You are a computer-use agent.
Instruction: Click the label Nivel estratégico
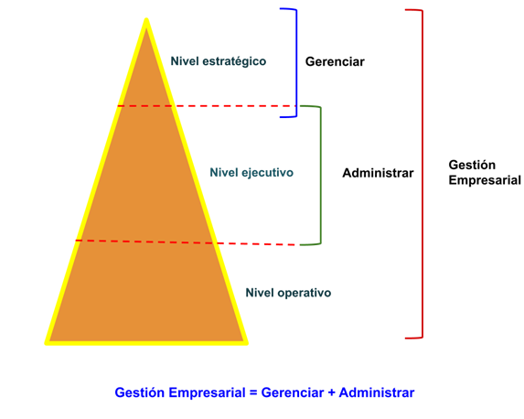click(219, 61)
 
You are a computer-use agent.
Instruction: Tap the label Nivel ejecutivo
click(251, 173)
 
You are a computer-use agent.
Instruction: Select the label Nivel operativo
click(288, 293)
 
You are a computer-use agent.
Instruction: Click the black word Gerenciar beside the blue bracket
click(335, 62)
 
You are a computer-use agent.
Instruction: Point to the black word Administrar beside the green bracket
click(378, 173)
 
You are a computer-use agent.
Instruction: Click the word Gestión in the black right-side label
click(472, 165)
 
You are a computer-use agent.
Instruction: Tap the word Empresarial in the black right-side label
click(485, 180)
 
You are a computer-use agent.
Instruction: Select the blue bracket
click(296, 63)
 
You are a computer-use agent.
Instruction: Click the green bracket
click(320, 176)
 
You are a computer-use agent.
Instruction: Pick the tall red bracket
click(422, 174)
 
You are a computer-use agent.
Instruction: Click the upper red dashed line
click(207, 106)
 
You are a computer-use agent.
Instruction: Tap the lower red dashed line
click(186, 242)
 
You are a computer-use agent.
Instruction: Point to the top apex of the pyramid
click(146, 18)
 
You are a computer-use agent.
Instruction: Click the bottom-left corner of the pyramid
click(46, 343)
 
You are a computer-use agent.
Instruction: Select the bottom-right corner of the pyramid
click(247, 343)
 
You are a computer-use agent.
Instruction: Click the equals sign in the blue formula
click(253, 392)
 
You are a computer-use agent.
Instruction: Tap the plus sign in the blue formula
click(332, 392)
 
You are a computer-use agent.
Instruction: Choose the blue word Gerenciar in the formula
click(293, 392)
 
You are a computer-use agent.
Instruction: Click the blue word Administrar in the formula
click(377, 392)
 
